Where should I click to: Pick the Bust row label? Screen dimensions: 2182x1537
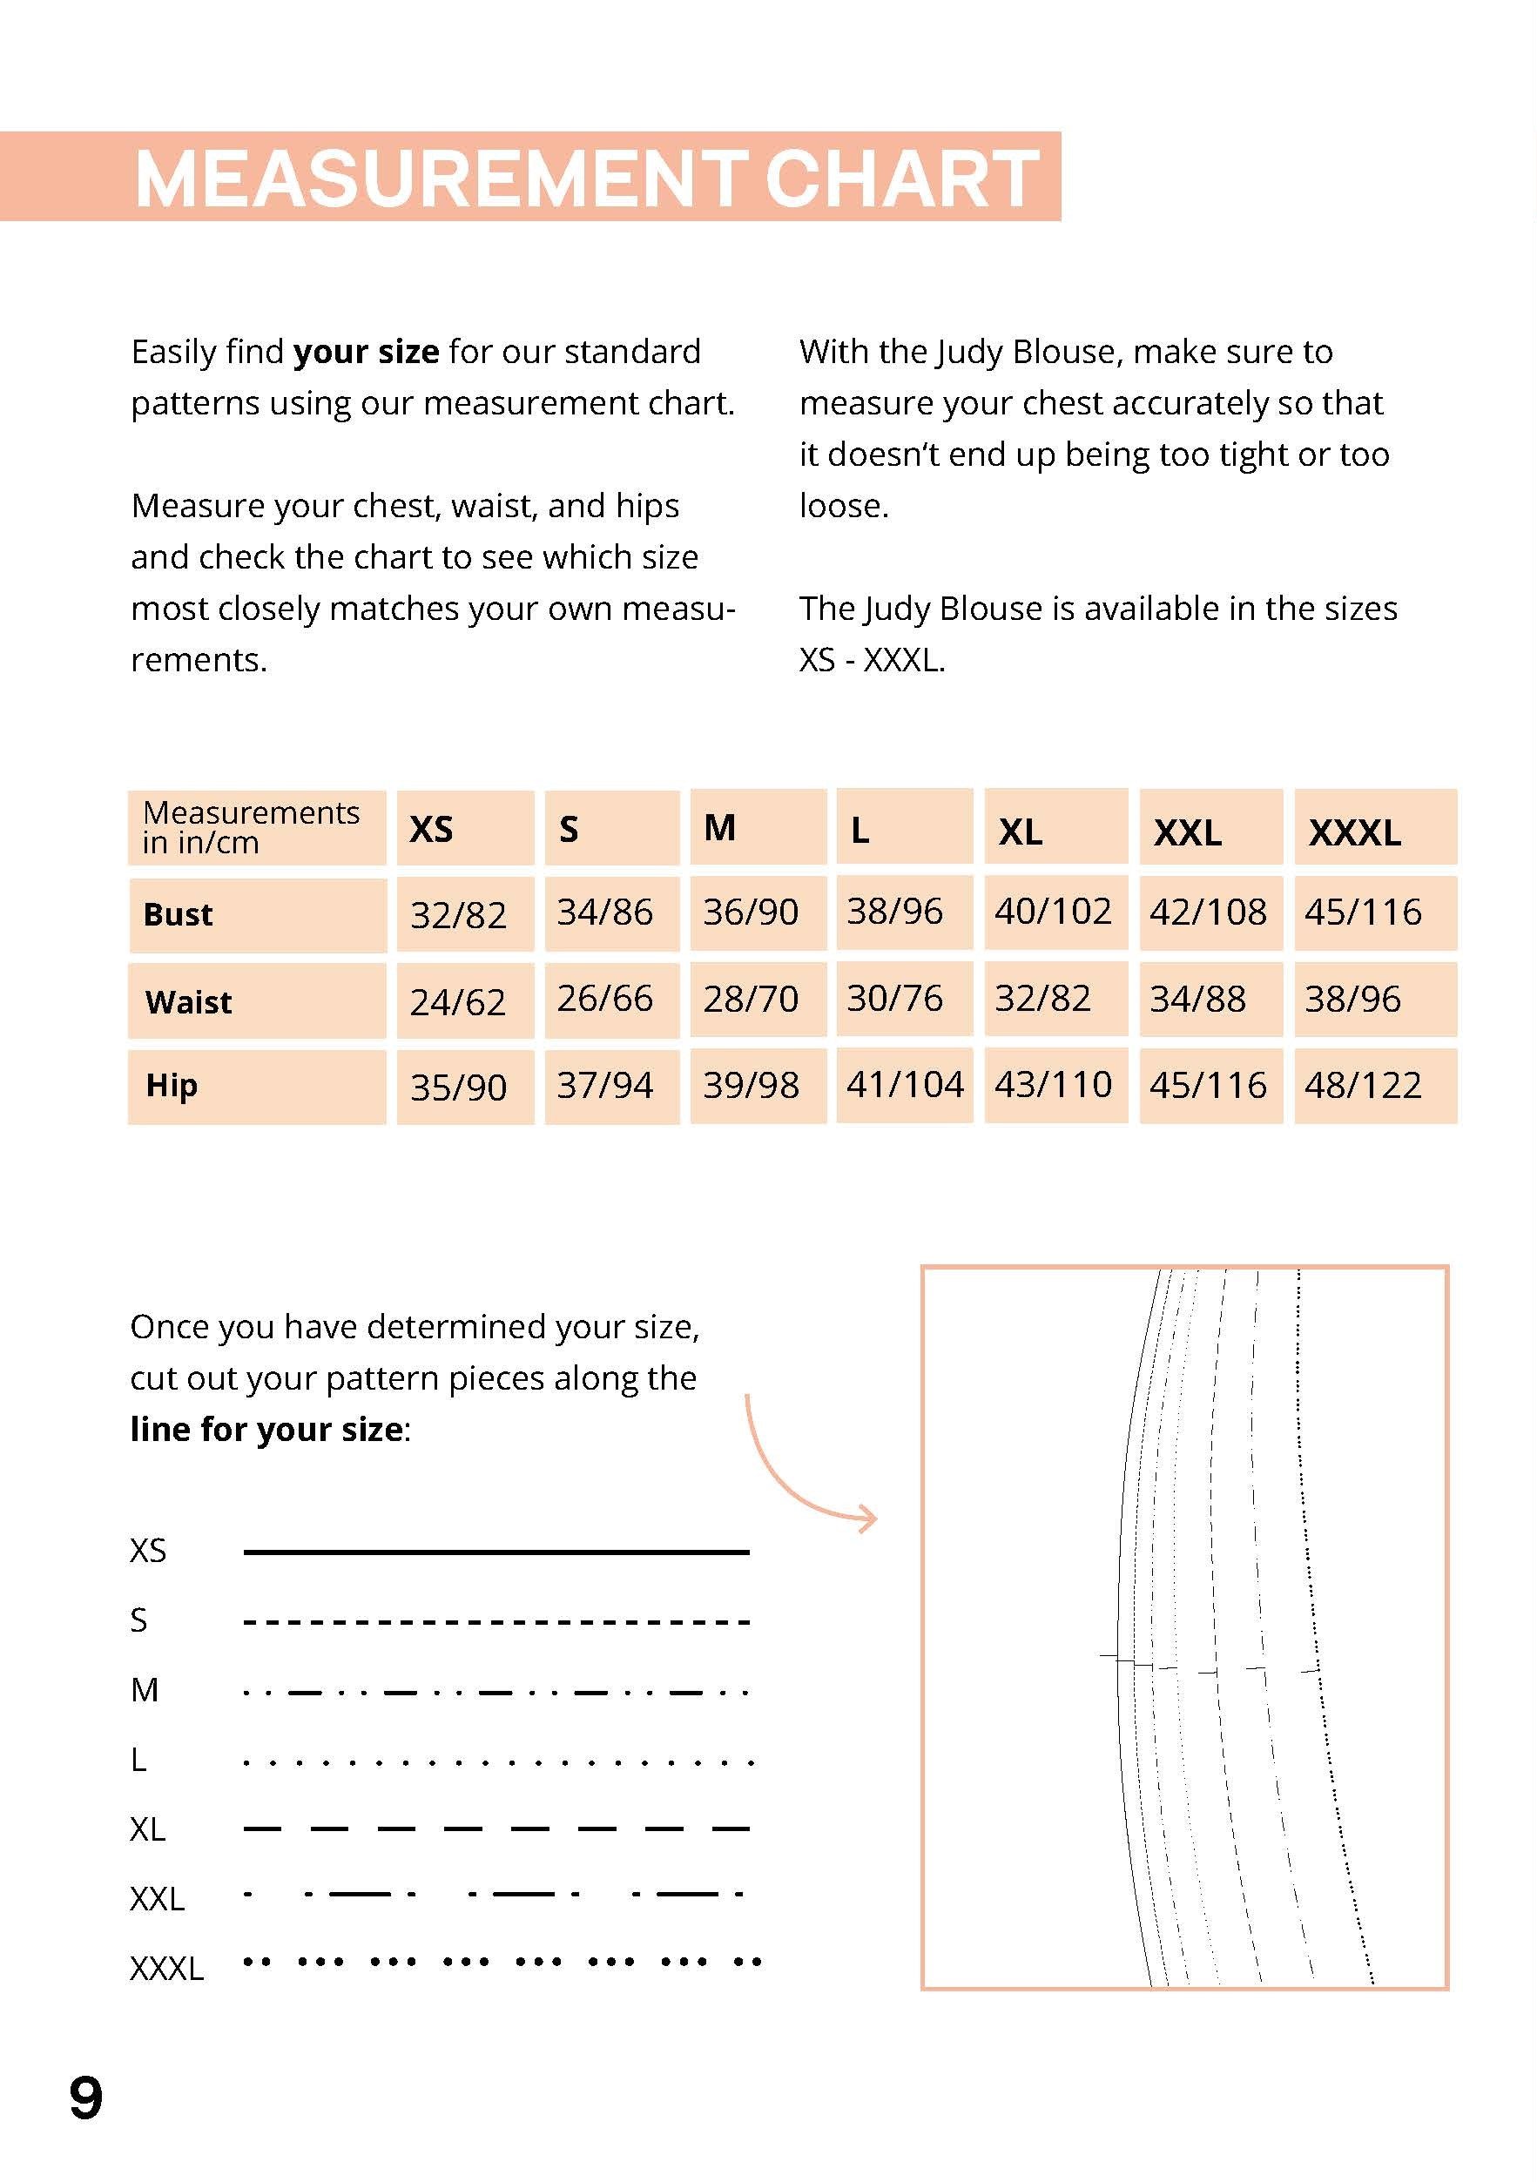pyautogui.click(x=178, y=914)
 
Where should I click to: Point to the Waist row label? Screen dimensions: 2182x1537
pyautogui.click(x=188, y=1001)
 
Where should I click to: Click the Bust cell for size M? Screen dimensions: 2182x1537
pyautogui.click(x=751, y=913)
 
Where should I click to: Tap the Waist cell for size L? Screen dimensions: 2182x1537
pyautogui.click(x=894, y=999)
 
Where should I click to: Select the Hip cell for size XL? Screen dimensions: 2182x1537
pyautogui.click(x=1053, y=1085)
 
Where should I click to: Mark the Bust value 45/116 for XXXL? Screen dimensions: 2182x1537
pyautogui.click(x=1363, y=913)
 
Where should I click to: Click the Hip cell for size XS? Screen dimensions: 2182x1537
pyautogui.click(x=458, y=1088)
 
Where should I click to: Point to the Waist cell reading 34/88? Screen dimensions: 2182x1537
pyautogui.click(x=1197, y=1000)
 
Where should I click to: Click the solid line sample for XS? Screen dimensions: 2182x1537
pyautogui.click(x=496, y=1552)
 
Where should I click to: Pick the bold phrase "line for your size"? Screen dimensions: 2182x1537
pyautogui.click(x=267, y=1430)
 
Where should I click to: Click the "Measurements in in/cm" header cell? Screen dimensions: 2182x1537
pyautogui.click(x=251, y=828)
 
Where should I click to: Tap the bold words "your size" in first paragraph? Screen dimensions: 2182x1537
pyautogui.click(x=366, y=353)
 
